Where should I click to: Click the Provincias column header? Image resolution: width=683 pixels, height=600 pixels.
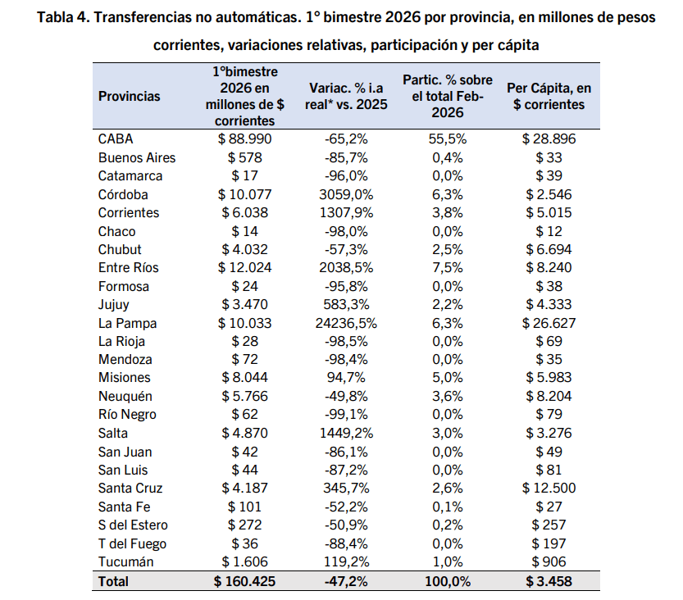click(x=130, y=96)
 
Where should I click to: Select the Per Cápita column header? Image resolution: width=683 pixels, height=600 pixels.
click(x=549, y=96)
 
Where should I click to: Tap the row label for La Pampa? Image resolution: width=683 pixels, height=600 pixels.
click(x=126, y=323)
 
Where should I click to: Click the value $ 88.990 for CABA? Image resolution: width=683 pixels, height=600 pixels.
click(x=244, y=139)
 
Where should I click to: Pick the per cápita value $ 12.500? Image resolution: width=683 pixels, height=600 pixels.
click(x=549, y=489)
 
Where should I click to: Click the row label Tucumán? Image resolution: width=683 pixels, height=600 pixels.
click(x=125, y=562)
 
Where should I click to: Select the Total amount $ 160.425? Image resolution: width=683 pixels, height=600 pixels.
click(x=244, y=582)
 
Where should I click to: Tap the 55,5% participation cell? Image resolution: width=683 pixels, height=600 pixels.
click(x=448, y=139)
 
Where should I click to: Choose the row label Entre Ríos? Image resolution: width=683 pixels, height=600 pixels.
click(x=128, y=268)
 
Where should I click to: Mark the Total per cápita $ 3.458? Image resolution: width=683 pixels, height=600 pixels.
click(x=549, y=582)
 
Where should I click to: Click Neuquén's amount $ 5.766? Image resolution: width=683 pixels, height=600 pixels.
click(x=244, y=397)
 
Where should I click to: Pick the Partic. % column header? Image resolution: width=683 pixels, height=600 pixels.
click(x=448, y=96)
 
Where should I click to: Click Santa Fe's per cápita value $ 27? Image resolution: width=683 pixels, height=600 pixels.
click(x=549, y=507)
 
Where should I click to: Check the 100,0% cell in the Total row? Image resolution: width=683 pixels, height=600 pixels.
click(x=448, y=582)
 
